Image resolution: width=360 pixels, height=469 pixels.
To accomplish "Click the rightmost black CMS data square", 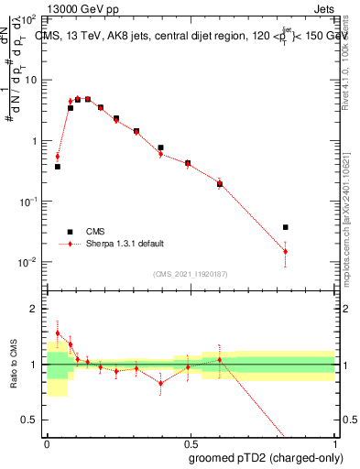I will pyautogui.click(x=286, y=227).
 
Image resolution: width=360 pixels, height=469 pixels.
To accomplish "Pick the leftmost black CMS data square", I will pyautogui.click(x=58, y=167).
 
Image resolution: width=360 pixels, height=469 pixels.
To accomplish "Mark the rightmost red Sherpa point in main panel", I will pyautogui.click(x=286, y=251).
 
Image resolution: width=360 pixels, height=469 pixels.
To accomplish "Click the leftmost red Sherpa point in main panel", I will pyautogui.click(x=58, y=157).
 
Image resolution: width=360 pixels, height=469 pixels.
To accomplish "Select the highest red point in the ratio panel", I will pyautogui.click(x=58, y=333).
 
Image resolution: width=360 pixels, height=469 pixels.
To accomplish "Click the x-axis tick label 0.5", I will pyautogui.click(x=189, y=442).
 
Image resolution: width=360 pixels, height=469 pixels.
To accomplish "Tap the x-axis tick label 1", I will pyautogui.click(x=333, y=442).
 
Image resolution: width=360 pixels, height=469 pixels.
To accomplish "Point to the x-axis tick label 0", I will pyautogui.click(x=47, y=442).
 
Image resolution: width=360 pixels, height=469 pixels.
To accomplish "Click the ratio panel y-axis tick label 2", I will pyautogui.click(x=34, y=309).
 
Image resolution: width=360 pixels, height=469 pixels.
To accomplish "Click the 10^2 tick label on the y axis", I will pyautogui.click(x=28, y=18).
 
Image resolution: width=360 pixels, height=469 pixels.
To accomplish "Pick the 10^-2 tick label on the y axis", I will pyautogui.click(x=28, y=262).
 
